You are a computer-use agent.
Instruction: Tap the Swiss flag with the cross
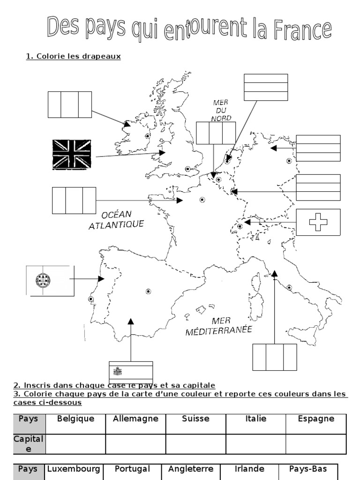click(318, 222)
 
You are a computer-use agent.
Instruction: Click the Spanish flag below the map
click(130, 371)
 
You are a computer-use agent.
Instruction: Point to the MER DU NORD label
click(220, 111)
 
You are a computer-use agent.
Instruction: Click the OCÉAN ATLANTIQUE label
click(116, 220)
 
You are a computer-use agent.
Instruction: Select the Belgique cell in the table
click(75, 419)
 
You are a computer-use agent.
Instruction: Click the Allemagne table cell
click(135, 419)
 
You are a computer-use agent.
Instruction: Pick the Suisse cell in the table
click(195, 419)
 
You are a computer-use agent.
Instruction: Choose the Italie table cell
click(255, 419)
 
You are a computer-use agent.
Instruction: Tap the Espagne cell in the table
click(316, 419)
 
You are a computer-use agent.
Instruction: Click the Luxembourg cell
click(74, 469)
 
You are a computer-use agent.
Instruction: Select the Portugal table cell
click(132, 469)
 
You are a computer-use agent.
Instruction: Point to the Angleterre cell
click(191, 469)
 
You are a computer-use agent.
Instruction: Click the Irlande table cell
click(249, 469)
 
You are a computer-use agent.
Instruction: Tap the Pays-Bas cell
click(308, 469)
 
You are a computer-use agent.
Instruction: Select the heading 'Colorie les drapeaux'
click(74, 56)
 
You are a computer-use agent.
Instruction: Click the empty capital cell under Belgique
click(75, 444)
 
